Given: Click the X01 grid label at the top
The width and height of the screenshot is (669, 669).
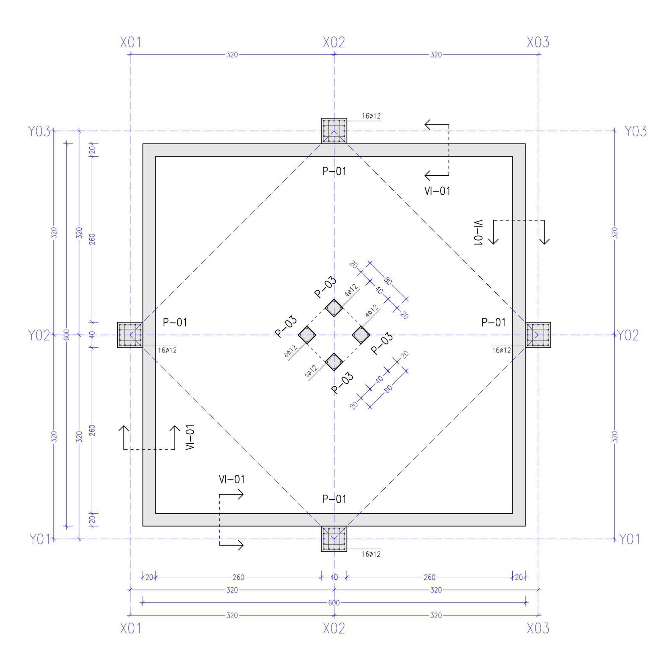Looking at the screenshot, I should [130, 42].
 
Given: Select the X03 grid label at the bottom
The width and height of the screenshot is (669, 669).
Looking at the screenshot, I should [538, 628].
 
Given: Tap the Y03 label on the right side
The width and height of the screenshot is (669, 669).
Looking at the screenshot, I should [636, 131].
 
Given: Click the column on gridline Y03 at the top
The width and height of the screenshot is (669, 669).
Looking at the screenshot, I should [334, 130].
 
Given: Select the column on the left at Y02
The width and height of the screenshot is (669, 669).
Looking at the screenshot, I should [130, 335].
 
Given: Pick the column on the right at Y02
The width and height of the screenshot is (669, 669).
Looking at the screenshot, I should [538, 335].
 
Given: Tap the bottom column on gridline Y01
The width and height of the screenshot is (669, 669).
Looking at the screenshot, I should [334, 539].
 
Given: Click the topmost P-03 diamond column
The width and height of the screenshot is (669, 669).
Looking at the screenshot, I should [334, 308].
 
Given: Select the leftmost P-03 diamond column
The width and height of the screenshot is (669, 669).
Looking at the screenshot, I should [307, 335].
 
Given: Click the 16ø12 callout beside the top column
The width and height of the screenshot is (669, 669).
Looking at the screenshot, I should [371, 116].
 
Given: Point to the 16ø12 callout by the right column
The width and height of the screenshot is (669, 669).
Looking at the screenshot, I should [501, 351].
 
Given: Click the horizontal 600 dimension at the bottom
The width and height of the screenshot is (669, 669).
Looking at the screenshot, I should [334, 603].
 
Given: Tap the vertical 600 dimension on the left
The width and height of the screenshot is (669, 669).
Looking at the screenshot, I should [67, 335].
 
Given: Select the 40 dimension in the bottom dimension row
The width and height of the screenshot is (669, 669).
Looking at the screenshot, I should [334, 577].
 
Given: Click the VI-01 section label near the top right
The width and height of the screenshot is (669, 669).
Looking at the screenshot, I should [437, 191].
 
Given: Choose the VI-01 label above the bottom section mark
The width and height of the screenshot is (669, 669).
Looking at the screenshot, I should [232, 480].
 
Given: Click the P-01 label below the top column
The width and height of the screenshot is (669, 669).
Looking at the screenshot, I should [334, 171].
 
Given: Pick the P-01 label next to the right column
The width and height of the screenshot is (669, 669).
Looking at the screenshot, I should [493, 323].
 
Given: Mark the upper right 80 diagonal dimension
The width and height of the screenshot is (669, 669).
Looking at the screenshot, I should [388, 281].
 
